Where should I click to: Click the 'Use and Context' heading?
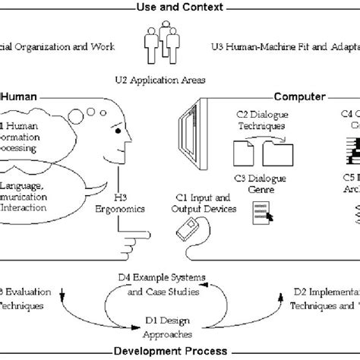180,7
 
